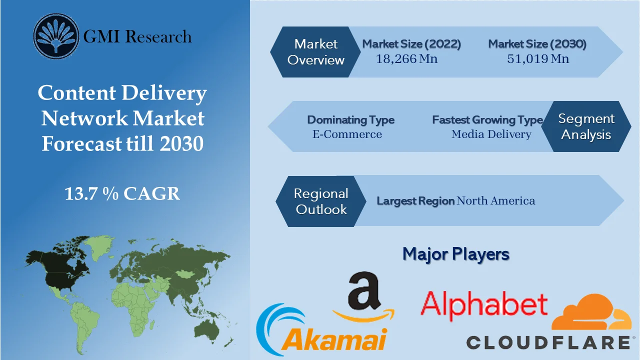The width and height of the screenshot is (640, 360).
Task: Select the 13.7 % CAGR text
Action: (x=122, y=193)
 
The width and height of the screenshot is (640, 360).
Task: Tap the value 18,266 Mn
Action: (x=406, y=59)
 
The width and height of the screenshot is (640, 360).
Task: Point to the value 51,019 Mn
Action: (x=538, y=59)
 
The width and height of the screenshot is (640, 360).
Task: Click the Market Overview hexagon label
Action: (x=315, y=52)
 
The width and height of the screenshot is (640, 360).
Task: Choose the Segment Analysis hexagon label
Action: (x=586, y=126)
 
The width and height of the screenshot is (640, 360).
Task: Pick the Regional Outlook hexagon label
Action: (x=320, y=201)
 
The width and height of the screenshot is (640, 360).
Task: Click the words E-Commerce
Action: (x=347, y=134)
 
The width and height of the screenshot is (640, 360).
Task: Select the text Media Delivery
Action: (x=491, y=134)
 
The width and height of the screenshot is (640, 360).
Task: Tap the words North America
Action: (x=495, y=201)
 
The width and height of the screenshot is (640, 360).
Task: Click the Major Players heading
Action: (x=455, y=254)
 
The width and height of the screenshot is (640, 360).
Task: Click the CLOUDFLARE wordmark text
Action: (x=548, y=342)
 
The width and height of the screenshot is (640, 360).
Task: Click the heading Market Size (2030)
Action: (x=537, y=44)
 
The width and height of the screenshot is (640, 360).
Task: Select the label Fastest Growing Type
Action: (x=487, y=120)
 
